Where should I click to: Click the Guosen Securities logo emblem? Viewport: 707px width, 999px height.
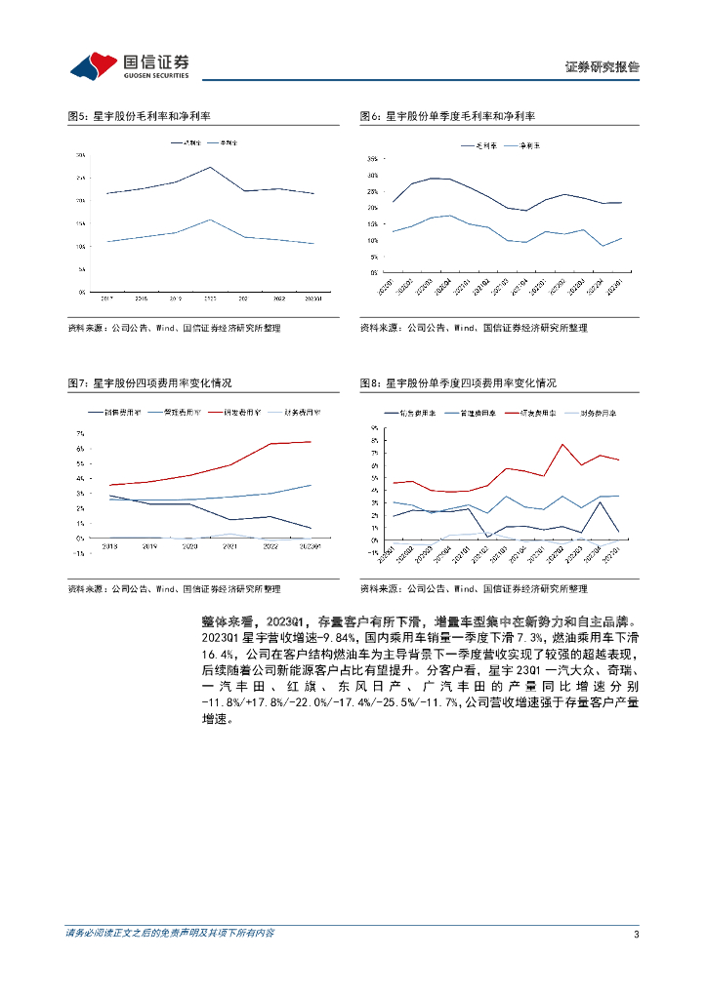(93, 65)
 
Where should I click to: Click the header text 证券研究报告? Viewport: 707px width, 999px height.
(603, 67)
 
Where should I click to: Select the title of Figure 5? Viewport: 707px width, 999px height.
(133, 116)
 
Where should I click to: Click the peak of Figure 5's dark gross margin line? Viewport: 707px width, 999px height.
(211, 167)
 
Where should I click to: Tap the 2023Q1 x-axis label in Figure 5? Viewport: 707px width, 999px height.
(313, 300)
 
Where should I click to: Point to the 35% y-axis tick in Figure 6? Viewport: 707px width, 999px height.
(373, 159)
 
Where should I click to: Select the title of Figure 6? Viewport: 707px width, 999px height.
(447, 116)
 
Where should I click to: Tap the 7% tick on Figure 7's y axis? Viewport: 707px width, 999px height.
(82, 434)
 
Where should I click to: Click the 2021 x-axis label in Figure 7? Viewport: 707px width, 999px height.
(230, 547)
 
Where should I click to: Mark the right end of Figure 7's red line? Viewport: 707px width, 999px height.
(312, 442)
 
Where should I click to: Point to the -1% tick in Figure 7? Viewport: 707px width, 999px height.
(81, 552)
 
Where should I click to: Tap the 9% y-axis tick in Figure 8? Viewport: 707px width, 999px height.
(374, 428)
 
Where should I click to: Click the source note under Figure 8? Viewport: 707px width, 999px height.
(473, 589)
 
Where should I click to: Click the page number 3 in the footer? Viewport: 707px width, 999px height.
(636, 934)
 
